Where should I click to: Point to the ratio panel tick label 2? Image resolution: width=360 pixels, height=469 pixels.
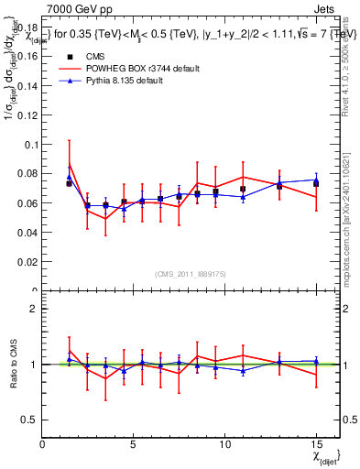click(33, 309)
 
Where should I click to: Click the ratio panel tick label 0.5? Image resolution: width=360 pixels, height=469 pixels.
click(29, 419)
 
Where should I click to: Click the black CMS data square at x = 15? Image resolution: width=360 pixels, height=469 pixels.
click(316, 183)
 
